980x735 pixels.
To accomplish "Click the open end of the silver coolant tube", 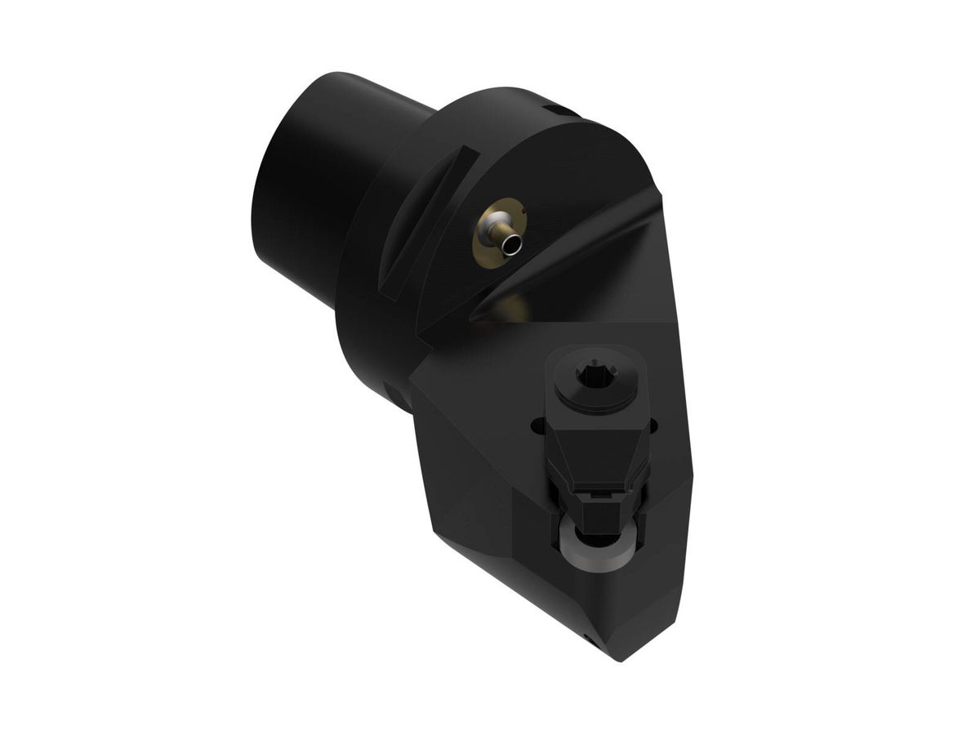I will click(x=512, y=243).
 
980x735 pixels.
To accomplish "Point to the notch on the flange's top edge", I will click(x=558, y=109).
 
